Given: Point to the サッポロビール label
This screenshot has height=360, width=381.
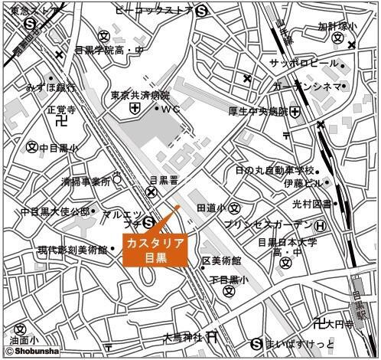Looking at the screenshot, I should click(303, 62).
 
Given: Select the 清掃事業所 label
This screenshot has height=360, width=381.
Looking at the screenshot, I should click(86, 182).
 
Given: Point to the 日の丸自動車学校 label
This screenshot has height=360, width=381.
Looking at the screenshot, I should click(275, 169).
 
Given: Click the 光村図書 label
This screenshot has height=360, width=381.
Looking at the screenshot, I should click(311, 204).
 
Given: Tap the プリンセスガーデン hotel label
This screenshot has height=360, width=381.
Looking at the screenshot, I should click(269, 224).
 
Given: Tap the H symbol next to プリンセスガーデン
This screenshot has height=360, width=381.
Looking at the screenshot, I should click(321, 224).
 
